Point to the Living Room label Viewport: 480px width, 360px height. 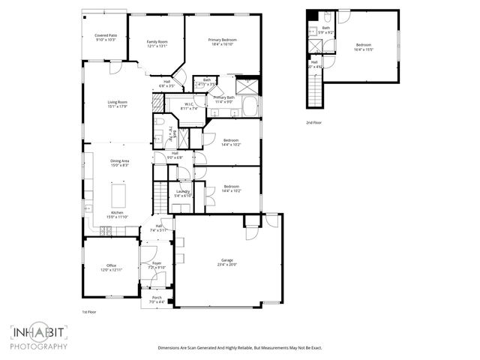pos(117,103)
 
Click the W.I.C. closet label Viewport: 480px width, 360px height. pos(190,106)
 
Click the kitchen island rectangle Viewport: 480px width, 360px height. pos(119,196)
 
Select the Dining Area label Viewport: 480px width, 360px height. pos(120,162)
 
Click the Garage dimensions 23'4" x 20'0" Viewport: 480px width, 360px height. pos(227,264)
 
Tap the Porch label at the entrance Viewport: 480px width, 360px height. pos(157,300)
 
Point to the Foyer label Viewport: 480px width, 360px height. pos(157,265)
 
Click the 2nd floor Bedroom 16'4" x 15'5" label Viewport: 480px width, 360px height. pos(364,47)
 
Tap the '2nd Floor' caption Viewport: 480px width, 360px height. pos(314,122)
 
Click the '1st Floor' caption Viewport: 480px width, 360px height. pos(90,311)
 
